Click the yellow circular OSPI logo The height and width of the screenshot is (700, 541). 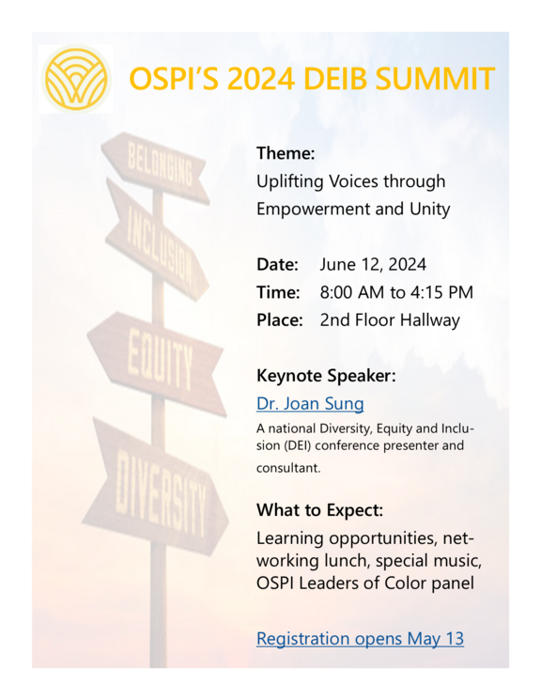76,78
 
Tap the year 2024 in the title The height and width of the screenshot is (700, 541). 242,79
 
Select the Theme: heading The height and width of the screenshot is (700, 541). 286,152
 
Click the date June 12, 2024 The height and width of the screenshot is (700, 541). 373,266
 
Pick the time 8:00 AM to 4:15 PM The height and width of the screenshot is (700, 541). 395,293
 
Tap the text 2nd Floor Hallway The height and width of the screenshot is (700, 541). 390,320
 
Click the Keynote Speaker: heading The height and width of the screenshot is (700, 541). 326,376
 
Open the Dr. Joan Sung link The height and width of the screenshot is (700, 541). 310,404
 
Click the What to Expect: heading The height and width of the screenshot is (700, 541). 318,511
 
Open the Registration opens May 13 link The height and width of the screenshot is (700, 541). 360,639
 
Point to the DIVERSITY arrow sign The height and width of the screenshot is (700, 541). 159,492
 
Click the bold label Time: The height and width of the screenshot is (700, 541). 278,293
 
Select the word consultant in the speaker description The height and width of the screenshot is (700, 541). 288,466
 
